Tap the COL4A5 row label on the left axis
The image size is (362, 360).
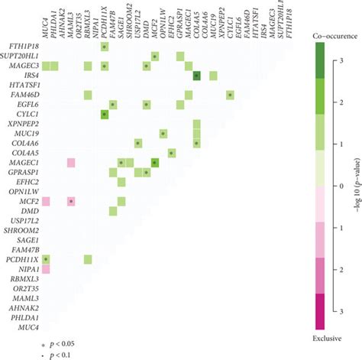coord(24,153)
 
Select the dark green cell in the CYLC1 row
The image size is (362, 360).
coord(104,115)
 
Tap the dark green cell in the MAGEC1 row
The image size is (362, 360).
coord(155,163)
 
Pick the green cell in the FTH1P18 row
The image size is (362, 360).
coord(104,47)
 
